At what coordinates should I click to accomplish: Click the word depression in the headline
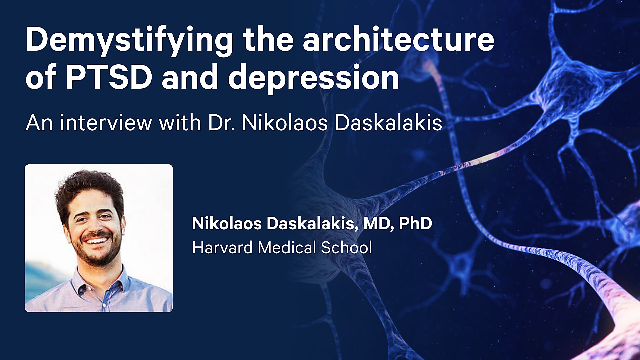[x=313, y=78]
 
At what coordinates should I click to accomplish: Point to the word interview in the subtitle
[x=106, y=123]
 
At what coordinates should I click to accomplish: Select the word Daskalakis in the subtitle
[x=388, y=123]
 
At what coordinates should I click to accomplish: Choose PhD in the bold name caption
[x=415, y=223]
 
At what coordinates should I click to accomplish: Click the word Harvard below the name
[x=222, y=248]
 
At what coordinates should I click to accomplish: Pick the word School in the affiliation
[x=346, y=248]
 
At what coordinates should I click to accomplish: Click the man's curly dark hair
[x=88, y=187]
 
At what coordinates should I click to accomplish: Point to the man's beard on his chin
[x=97, y=258]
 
